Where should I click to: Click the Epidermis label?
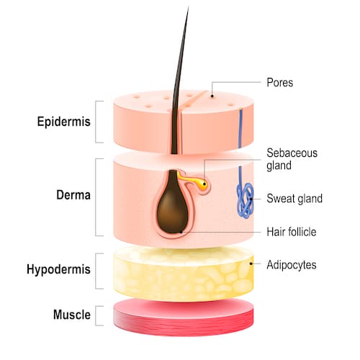[64, 122]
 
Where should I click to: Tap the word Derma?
[73, 194]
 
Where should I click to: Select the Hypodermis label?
[58, 269]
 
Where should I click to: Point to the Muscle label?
[72, 315]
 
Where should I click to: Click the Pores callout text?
[280, 83]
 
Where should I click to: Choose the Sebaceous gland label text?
[292, 159]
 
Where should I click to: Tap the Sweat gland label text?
[294, 199]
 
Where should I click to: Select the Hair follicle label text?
[292, 232]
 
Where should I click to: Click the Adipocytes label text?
[292, 265]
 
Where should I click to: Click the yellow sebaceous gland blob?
[203, 184]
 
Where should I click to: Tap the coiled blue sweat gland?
[245, 200]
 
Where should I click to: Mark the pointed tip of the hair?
[189, 7]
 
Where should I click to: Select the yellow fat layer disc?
[184, 274]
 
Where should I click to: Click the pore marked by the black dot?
[212, 96]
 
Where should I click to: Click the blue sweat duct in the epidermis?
[240, 128]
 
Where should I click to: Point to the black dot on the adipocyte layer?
[251, 264]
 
